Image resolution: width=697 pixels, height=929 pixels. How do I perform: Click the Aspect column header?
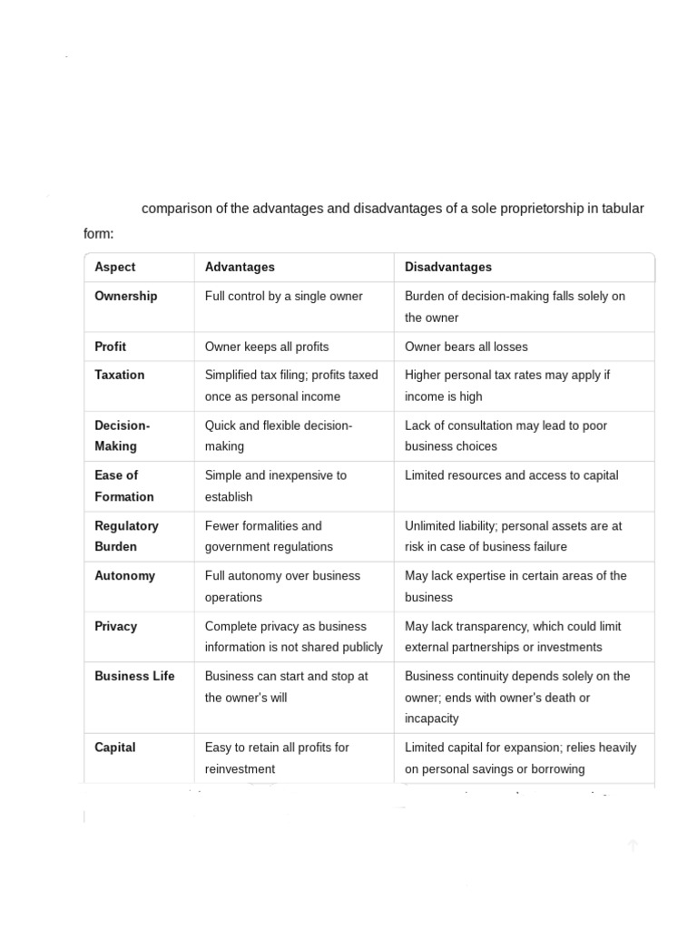(114, 267)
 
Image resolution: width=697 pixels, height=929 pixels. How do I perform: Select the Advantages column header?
(240, 267)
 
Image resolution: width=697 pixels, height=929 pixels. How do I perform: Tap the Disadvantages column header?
(448, 267)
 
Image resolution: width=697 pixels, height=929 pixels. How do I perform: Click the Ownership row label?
(125, 296)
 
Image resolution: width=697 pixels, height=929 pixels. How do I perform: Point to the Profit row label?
(110, 347)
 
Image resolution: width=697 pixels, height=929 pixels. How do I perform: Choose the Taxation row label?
(119, 375)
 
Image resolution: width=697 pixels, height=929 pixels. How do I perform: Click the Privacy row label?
(115, 626)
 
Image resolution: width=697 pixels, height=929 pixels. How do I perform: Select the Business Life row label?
(134, 676)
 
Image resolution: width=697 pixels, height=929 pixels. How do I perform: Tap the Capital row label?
(114, 748)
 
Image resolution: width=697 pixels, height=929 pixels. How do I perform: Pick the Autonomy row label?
(124, 575)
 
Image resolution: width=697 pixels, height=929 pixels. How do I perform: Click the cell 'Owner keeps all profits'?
(267, 347)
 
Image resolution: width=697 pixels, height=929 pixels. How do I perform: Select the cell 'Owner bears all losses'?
(466, 347)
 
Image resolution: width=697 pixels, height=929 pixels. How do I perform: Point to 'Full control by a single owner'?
(283, 296)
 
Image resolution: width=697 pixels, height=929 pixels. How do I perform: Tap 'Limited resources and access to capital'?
(511, 475)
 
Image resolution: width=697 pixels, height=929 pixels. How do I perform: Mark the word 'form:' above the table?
(99, 234)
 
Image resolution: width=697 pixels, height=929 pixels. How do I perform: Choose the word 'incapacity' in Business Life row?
(431, 719)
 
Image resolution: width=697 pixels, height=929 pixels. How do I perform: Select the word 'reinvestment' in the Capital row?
(240, 769)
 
